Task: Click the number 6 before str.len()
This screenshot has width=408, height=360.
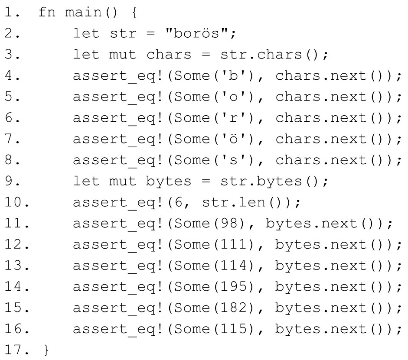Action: [179, 202]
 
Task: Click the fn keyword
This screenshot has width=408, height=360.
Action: [44, 12]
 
